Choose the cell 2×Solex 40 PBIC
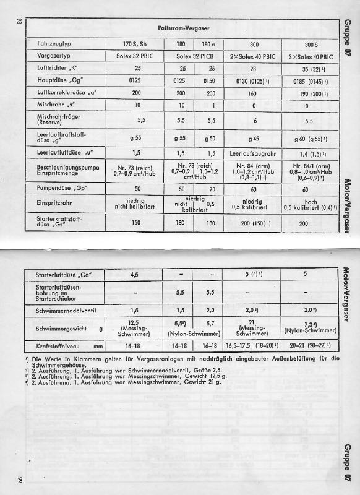253,56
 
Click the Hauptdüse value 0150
208,80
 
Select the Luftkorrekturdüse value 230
208,92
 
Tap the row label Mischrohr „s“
51,105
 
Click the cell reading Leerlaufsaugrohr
253,152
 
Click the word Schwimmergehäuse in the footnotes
59,364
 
